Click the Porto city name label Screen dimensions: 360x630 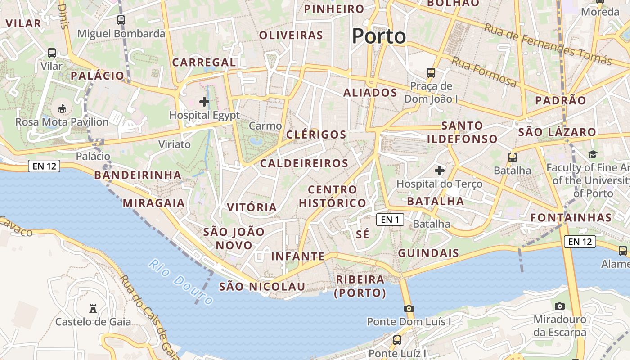[379, 36]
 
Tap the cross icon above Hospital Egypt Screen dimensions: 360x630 [204, 102]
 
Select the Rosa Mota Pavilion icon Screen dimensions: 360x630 [62, 109]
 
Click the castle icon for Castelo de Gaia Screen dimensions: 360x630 [93, 309]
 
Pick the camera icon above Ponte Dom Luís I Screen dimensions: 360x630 [409, 308]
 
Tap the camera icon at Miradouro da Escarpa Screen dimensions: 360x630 [559, 306]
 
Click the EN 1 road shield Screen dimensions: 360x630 [390, 220]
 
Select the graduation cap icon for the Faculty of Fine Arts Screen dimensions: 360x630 [593, 155]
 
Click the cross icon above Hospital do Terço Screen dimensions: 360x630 [439, 171]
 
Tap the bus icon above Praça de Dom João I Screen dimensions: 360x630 [431, 72]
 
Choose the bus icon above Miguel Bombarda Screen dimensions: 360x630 [121, 20]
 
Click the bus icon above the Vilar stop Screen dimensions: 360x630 [52, 53]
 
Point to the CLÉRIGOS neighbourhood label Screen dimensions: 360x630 [316, 135]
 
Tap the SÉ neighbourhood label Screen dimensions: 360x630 [362, 234]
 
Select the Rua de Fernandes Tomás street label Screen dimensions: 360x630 [548, 44]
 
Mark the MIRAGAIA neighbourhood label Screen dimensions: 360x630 [154, 203]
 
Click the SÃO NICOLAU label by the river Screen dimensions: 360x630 [262, 286]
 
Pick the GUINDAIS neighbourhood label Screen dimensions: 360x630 [428, 253]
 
